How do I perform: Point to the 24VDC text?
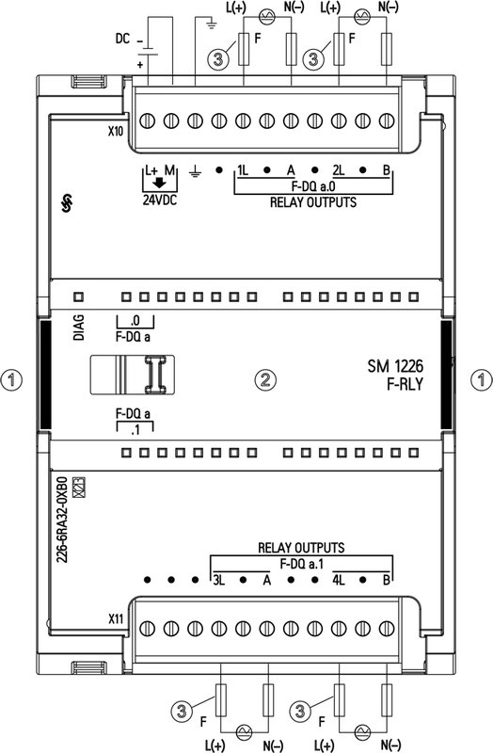click(x=159, y=200)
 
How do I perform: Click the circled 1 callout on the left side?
click(x=12, y=379)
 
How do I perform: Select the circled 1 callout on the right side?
click(x=481, y=379)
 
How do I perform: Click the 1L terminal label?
click(x=243, y=170)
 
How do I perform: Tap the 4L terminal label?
click(x=340, y=579)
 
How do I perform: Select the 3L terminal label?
click(x=218, y=579)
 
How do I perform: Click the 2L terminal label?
click(x=339, y=170)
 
